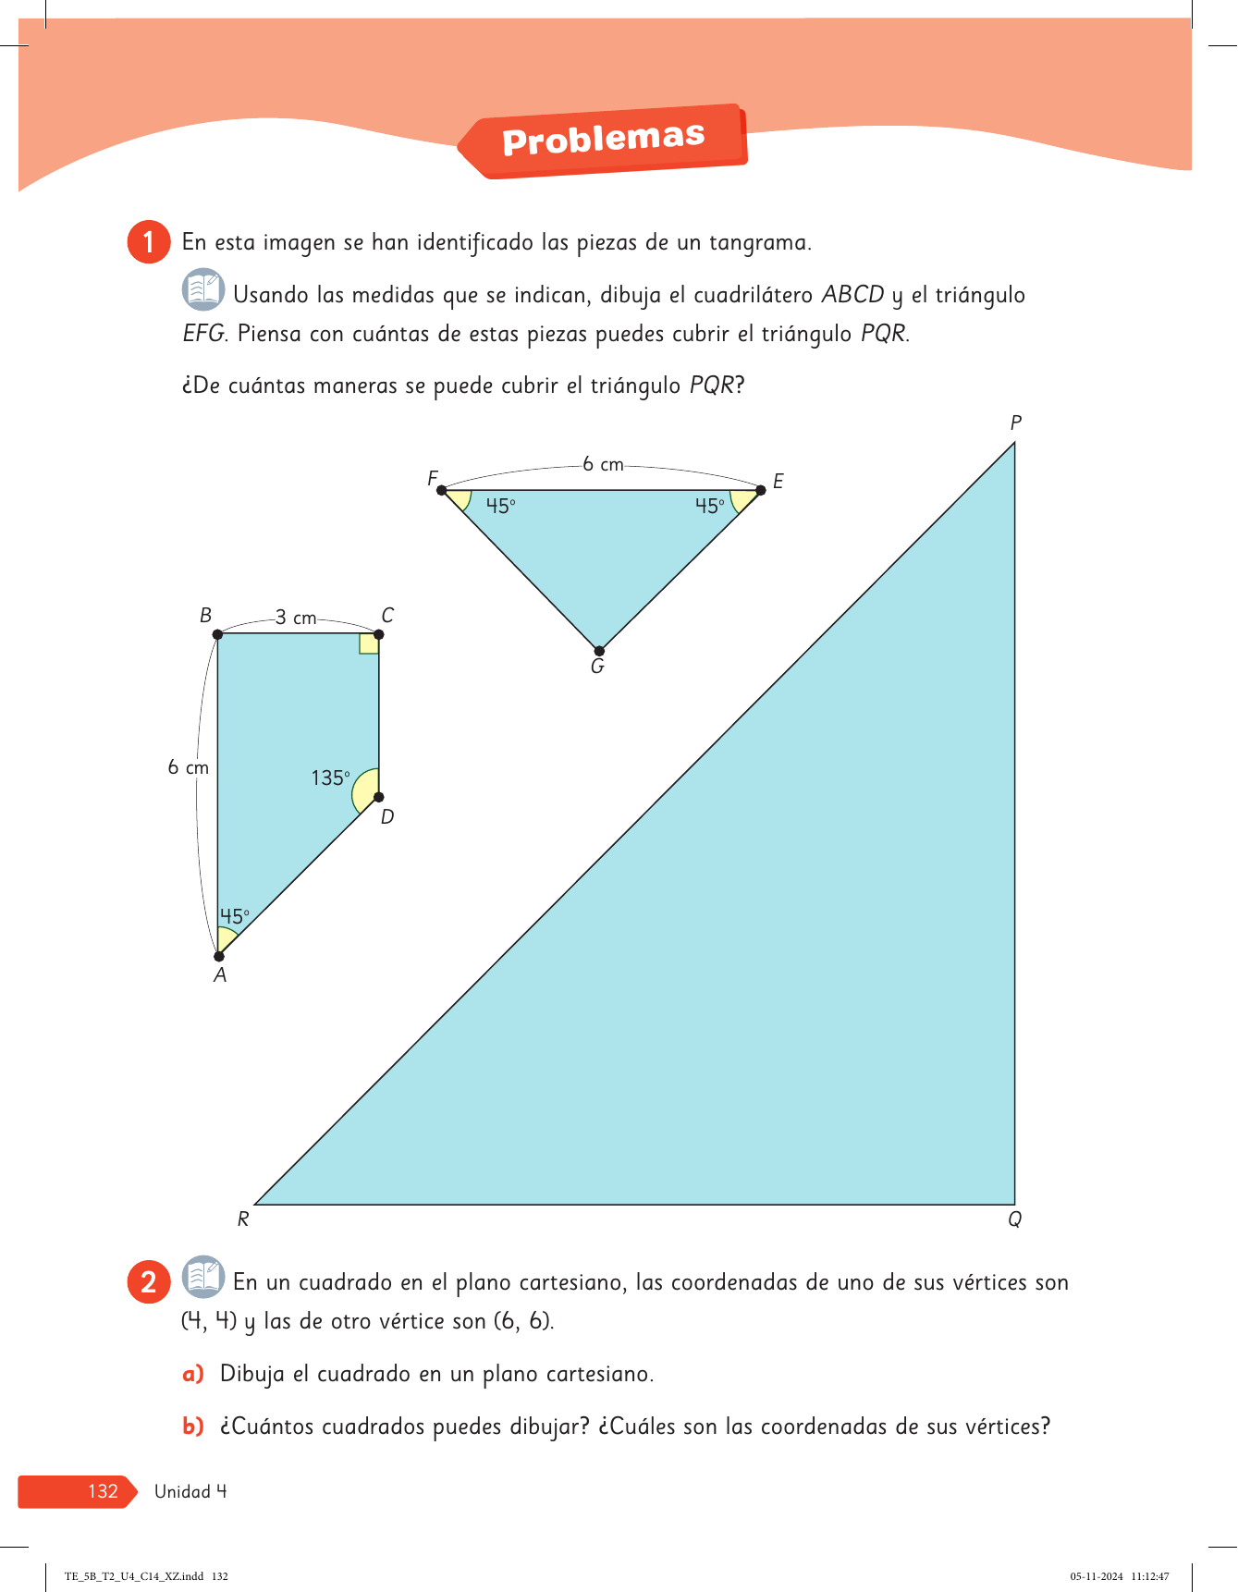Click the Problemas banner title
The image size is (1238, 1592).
603,140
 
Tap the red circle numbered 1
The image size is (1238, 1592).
148,242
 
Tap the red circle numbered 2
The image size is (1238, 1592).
148,1282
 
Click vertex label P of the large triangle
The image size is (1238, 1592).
1015,423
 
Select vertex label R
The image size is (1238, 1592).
243,1219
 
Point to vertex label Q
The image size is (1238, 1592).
1014,1219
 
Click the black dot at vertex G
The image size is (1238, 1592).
599,651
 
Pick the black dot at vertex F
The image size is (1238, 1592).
442,490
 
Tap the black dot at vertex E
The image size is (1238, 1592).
761,490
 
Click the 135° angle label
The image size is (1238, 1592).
330,778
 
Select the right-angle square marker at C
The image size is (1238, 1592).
369,643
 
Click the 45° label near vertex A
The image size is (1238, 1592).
234,916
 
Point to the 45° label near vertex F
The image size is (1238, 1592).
500,507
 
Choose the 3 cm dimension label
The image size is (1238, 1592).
296,618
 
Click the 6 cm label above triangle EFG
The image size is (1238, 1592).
603,464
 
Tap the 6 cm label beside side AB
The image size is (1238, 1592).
188,767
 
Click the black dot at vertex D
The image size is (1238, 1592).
378,797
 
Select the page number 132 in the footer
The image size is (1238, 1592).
103,1491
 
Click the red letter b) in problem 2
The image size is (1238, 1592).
192,1427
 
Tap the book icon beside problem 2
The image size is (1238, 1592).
202,1277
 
